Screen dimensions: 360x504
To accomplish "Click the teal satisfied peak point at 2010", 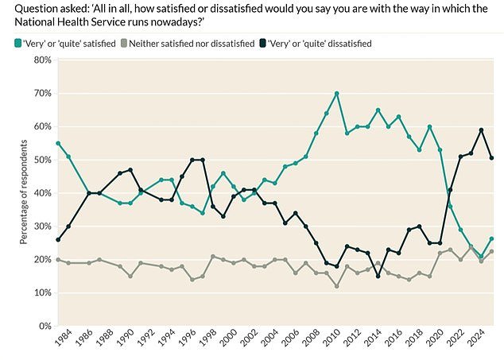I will [337, 94].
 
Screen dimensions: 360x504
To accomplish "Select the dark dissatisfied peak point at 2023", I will [482, 130].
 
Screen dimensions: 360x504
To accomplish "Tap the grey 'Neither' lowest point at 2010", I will [337, 286].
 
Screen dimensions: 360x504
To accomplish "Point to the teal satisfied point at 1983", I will [58, 143].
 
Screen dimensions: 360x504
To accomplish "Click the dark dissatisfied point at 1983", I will [58, 239].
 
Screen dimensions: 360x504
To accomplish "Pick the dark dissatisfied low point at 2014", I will [378, 276].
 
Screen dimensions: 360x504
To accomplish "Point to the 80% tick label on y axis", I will [41, 60].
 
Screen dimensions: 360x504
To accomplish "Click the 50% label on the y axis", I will [41, 160].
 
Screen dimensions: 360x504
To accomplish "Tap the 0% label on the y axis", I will [44, 326].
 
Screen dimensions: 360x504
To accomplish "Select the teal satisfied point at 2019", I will [429, 127].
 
